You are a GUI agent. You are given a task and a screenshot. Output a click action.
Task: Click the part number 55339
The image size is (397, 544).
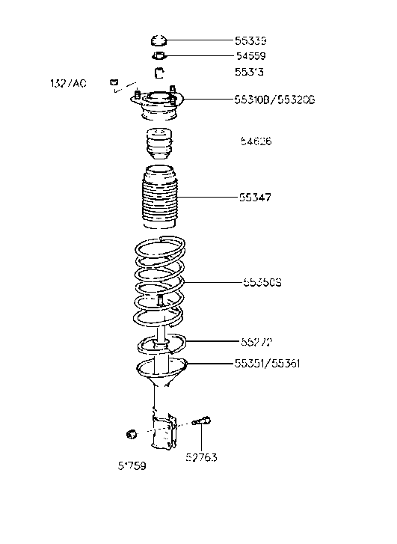coord(250,41)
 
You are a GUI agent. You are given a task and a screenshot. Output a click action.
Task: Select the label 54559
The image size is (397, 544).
coord(250,56)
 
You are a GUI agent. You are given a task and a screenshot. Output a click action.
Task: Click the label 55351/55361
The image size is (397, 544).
coord(267,364)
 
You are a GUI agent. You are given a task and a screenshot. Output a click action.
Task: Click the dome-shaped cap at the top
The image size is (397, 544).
coord(158,40)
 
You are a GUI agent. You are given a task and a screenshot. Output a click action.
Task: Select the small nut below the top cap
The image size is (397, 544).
coord(158,56)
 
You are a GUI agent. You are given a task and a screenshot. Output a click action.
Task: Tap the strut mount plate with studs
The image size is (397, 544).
coord(157,104)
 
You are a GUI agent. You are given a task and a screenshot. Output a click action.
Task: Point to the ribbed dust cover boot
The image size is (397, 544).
coord(158,201)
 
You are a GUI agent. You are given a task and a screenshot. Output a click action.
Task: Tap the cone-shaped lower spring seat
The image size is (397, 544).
coord(159,372)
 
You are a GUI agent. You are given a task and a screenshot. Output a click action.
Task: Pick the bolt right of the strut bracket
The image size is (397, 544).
coord(202,424)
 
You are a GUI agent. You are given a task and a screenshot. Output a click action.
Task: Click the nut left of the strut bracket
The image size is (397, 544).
coord(129,434)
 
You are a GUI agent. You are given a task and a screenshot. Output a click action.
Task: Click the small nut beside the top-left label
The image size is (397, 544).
coord(114,82)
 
